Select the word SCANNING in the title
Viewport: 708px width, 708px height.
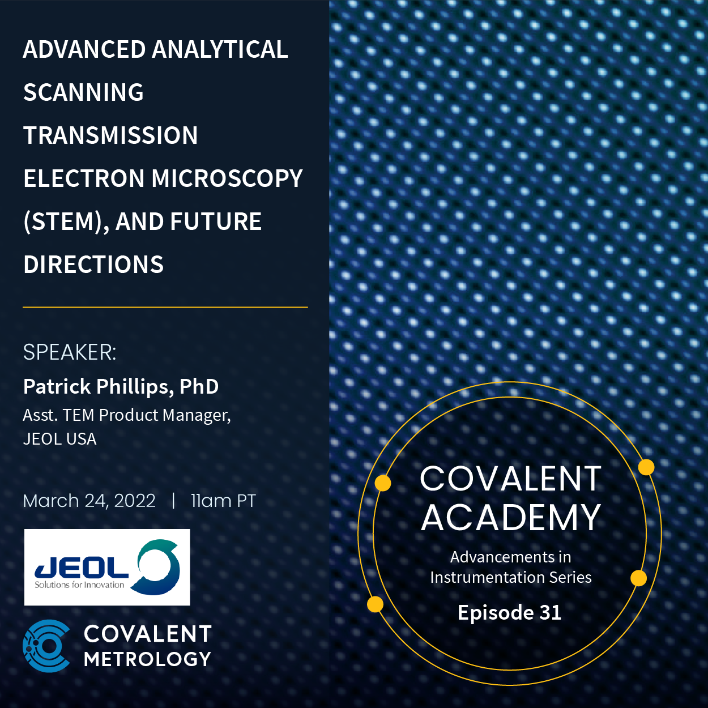coord(83,92)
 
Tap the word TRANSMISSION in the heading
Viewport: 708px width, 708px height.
coord(110,135)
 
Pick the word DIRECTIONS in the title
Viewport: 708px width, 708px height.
coord(93,265)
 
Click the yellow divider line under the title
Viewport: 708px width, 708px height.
coord(165,307)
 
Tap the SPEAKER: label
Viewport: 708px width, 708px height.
coord(70,352)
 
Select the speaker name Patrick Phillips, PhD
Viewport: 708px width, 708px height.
coord(121,386)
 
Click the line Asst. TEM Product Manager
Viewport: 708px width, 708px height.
coord(127,415)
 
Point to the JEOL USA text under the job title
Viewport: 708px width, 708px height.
coord(59,439)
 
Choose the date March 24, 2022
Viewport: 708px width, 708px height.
coord(89,501)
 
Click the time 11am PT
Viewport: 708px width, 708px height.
coord(223,501)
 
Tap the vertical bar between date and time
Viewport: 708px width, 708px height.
coord(173,501)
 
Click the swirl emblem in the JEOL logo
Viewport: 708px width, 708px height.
coord(159,566)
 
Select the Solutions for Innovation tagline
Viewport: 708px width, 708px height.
coord(79,585)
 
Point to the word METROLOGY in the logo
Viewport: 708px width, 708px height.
coord(147,659)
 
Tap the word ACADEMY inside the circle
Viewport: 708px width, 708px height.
coord(510,517)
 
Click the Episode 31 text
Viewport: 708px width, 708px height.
coord(509,612)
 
